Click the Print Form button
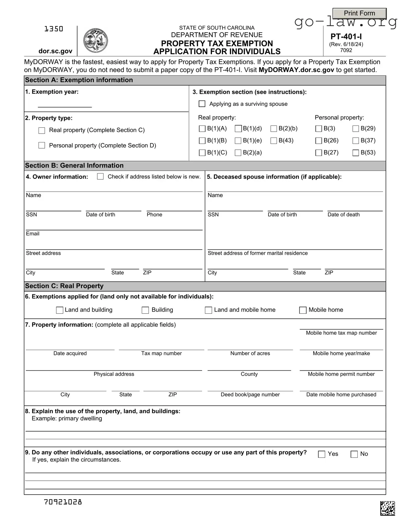pyautogui.click(x=359, y=13)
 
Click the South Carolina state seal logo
pyautogui.click(x=95, y=40)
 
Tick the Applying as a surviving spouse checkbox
pyautogui.click(x=202, y=104)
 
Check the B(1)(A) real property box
pyautogui.click(x=202, y=129)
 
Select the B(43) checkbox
pyautogui.click(x=274, y=141)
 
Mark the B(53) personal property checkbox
pyautogui.click(x=355, y=153)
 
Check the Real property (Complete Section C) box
pyautogui.click(x=42, y=130)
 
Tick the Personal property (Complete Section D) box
pyautogui.click(x=42, y=145)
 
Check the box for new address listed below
pyautogui.click(x=100, y=177)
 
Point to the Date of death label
pyautogui.click(x=343, y=215)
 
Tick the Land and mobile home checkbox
pyautogui.click(x=209, y=310)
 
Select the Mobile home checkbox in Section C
pyautogui.click(x=303, y=310)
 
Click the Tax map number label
pyautogui.click(x=161, y=353)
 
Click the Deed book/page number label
pyautogui.click(x=250, y=395)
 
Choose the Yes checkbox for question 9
pyautogui.click(x=322, y=454)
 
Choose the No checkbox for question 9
pyautogui.click(x=354, y=454)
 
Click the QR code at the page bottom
pyautogui.click(x=388, y=508)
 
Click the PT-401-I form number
pyautogui.click(x=346, y=37)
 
